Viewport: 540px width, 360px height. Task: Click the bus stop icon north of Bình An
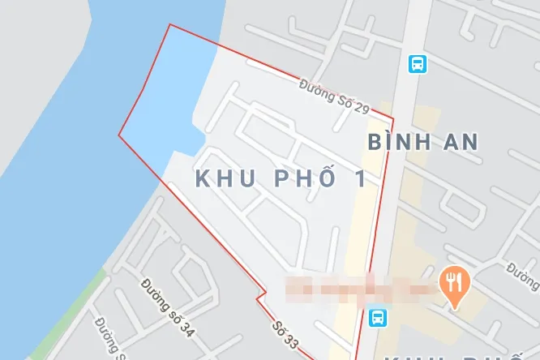point(417,62)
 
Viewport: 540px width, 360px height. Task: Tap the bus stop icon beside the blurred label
point(377,316)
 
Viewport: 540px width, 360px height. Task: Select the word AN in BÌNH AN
point(456,143)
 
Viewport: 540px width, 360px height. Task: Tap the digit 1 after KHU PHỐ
point(360,178)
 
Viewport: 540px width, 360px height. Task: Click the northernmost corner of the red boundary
point(170,25)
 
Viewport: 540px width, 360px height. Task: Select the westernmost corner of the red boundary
point(119,135)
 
